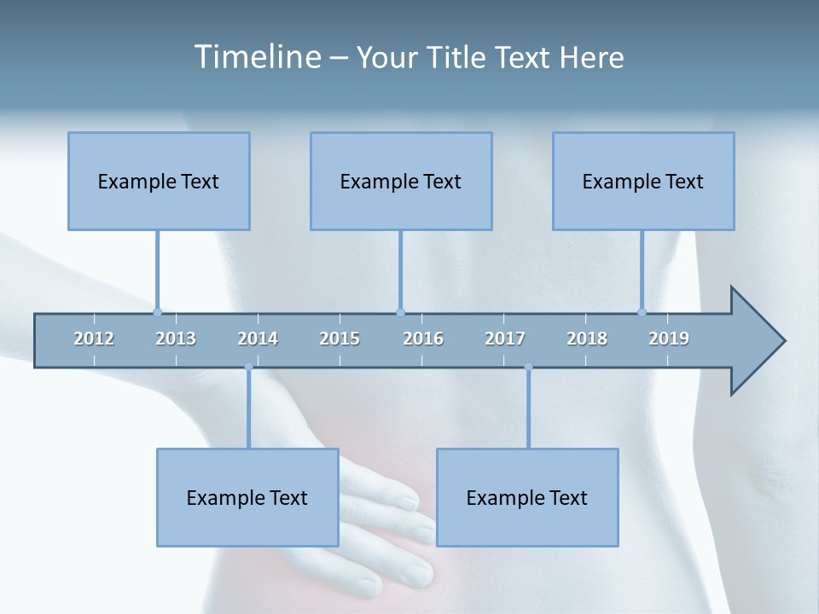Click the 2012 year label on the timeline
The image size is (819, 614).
(94, 339)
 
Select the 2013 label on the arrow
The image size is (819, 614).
(176, 339)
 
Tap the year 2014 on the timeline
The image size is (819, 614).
(258, 339)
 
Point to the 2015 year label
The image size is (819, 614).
(340, 339)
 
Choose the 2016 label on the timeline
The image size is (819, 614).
(423, 339)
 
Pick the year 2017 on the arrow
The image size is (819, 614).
(505, 339)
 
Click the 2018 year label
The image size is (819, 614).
(587, 339)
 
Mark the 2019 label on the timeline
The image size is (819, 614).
(669, 339)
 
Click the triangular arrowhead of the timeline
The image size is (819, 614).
(755, 341)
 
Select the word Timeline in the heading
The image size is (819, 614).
(256, 57)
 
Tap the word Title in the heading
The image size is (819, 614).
(456, 57)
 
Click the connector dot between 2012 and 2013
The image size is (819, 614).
(157, 312)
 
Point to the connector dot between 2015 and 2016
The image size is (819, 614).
(400, 312)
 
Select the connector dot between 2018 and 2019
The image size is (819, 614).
(642, 312)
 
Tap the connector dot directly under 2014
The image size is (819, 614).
(248, 368)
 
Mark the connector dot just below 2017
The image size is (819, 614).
(528, 368)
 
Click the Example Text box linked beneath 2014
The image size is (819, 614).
(247, 497)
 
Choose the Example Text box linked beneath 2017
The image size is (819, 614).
(527, 497)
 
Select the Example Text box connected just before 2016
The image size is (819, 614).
(401, 181)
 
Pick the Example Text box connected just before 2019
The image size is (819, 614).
(643, 181)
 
